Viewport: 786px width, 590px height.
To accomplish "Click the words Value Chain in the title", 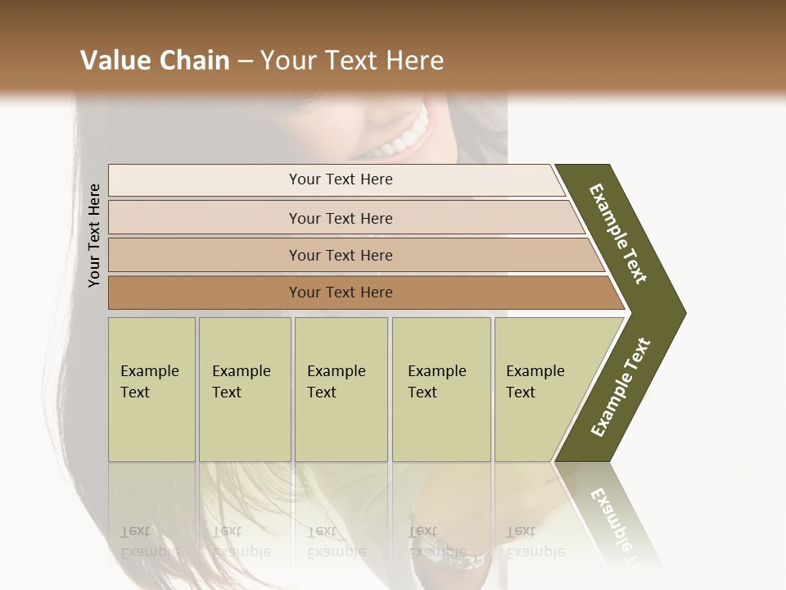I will coord(155,61).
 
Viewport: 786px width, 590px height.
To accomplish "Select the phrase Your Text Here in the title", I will coord(352,61).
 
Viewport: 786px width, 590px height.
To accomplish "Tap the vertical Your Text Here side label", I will coord(94,236).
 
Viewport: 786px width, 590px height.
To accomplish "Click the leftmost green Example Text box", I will coord(151,389).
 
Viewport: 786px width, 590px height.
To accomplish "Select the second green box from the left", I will coord(244,389).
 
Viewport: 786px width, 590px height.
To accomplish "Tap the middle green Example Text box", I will coord(341,389).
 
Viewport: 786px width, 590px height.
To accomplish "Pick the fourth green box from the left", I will coord(440,389).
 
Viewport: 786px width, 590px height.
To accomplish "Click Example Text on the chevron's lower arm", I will coord(621,388).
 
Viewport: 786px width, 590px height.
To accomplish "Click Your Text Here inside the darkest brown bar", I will coord(341,293).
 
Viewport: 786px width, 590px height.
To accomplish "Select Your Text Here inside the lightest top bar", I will coord(341,179).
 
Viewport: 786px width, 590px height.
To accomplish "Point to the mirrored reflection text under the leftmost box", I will coord(149,542).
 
